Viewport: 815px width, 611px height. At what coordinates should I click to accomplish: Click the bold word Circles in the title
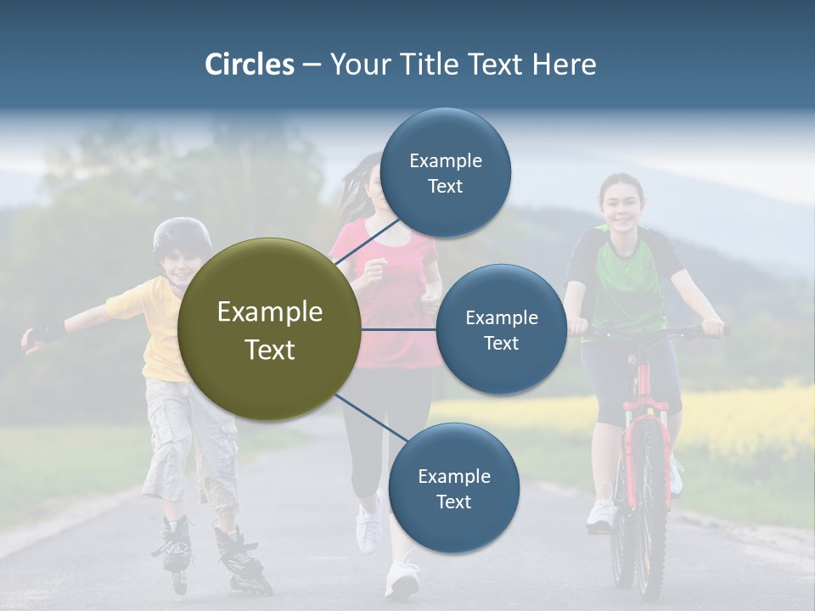(x=250, y=64)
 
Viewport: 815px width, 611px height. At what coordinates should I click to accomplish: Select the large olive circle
(x=270, y=329)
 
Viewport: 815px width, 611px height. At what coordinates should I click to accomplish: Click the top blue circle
(x=445, y=172)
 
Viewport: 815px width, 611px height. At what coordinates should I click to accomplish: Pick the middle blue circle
(x=501, y=329)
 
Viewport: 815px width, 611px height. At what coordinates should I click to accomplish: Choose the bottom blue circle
(x=453, y=488)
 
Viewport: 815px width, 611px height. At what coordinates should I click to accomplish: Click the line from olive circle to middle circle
(x=399, y=329)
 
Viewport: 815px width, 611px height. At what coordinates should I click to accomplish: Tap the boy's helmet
(x=181, y=234)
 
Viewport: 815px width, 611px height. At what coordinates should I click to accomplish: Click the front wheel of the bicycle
(x=650, y=509)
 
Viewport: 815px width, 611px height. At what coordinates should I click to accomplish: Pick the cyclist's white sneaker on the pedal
(x=601, y=514)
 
